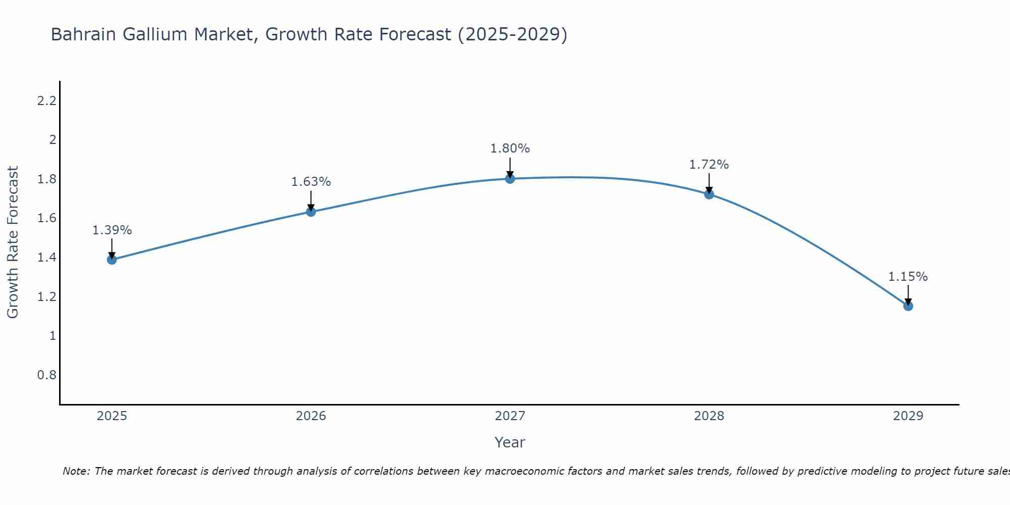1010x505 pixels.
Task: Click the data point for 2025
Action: tap(112, 260)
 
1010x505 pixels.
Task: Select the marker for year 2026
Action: tap(311, 212)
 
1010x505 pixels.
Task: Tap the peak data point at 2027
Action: tap(510, 178)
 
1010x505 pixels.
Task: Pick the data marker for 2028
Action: tap(709, 194)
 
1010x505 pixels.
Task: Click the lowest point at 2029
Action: tap(908, 306)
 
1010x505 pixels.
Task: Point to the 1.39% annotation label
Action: tap(112, 230)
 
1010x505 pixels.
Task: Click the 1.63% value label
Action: tap(311, 182)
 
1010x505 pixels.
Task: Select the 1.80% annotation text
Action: tap(510, 148)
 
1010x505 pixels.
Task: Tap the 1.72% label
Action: tap(709, 165)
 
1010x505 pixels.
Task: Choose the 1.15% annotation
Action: tap(908, 277)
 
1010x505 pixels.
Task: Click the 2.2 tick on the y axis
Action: tap(46, 101)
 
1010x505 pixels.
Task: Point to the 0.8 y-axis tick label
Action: tap(46, 375)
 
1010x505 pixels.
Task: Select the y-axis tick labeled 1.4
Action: tap(46, 258)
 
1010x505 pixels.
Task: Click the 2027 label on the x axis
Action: tap(510, 416)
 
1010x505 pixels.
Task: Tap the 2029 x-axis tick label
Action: tap(908, 416)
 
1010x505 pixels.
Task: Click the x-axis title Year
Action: tap(510, 442)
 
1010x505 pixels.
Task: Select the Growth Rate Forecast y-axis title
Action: tap(13, 242)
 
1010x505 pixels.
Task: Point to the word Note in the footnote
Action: tap(76, 471)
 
